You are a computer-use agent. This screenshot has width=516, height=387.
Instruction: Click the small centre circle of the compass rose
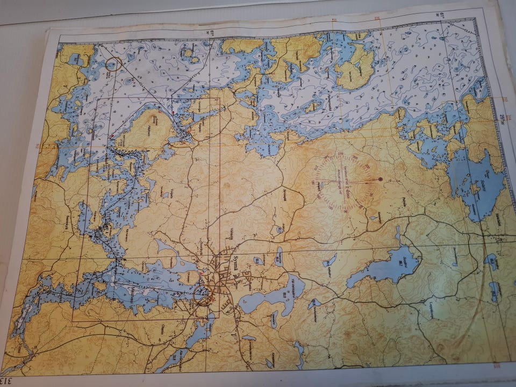347,182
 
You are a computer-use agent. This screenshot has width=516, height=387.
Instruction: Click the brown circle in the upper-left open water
113,64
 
